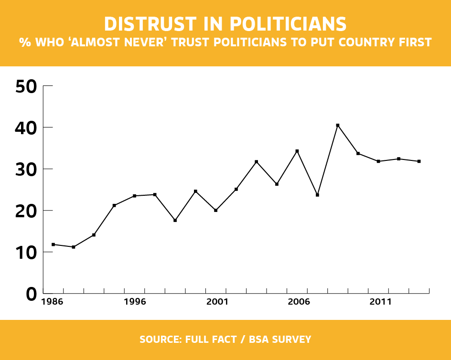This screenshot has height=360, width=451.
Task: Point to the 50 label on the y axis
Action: coord(26,86)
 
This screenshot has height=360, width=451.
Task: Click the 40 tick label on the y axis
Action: coord(26,128)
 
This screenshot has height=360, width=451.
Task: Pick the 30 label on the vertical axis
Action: coord(26,169)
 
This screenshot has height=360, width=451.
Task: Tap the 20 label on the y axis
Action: coord(26,211)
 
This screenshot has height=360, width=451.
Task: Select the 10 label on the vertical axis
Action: coord(26,253)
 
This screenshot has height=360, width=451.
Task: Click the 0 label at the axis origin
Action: coord(31,294)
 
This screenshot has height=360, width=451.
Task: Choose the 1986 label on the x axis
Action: coord(53,302)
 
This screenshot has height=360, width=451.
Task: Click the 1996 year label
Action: coord(134,302)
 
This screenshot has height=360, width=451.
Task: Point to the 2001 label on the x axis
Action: coord(216,302)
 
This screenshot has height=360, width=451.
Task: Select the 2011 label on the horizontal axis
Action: coord(381,302)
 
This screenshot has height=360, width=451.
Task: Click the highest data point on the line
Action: coord(338,126)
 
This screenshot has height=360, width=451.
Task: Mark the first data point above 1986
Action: coord(53,244)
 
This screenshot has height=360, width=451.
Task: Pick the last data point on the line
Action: coord(419,161)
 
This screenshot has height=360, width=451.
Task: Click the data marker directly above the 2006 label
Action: coord(297,151)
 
